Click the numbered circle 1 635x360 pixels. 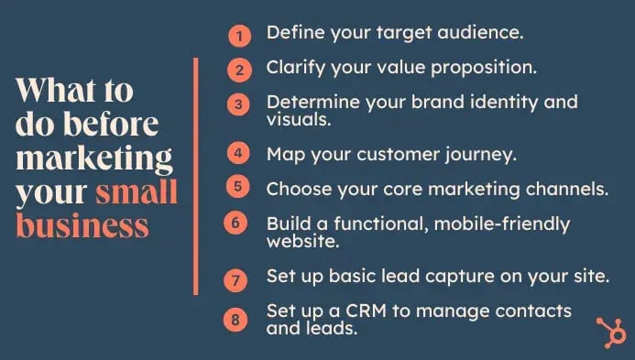(238, 36)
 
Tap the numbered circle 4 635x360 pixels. (238, 154)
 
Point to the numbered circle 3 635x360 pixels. (238, 104)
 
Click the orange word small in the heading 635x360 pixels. (137, 194)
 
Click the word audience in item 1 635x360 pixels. (479, 33)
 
